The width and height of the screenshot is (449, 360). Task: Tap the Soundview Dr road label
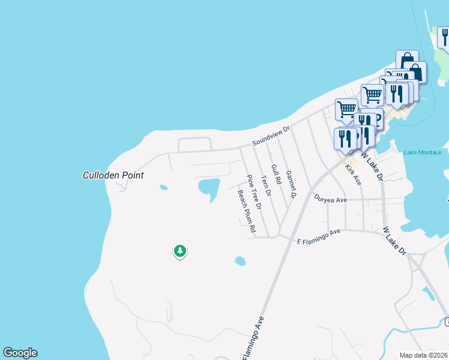coord(271,136)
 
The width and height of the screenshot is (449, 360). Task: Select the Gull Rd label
coord(277,174)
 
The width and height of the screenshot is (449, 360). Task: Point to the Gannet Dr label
coord(292,184)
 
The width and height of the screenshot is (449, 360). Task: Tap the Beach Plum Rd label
coord(246,212)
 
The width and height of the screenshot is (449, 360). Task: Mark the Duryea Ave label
coord(331,200)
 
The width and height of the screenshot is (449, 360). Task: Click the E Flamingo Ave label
coord(319,236)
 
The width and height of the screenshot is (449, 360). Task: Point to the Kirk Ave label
coord(354,175)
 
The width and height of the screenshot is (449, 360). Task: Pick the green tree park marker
coord(179,251)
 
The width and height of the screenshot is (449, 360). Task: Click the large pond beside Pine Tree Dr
coord(208,188)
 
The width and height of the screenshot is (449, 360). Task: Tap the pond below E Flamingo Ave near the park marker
coord(240,261)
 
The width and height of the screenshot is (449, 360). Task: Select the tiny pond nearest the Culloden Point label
coord(163,187)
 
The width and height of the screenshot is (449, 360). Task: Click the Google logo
coord(20,353)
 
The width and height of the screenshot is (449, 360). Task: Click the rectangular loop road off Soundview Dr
coord(195,145)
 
